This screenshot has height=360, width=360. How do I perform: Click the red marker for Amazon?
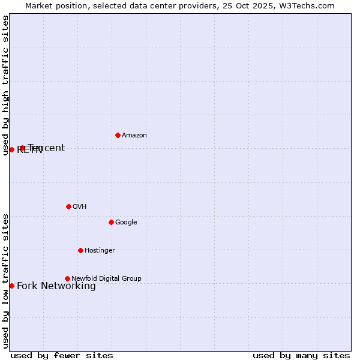pos(118,135)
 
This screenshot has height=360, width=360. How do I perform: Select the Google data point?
pos(111,222)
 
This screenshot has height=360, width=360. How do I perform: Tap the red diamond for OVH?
pos(68,206)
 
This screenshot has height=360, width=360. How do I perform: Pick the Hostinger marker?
pos(80,250)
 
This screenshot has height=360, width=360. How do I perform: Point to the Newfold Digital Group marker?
pos(67,278)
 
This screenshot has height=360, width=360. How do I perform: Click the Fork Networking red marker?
pos(11,286)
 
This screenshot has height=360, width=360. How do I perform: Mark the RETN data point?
pos(11,149)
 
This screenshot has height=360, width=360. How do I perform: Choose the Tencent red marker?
pos(22,148)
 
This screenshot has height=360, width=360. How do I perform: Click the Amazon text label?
pos(134,136)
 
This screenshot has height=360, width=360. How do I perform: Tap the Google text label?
pos(126,223)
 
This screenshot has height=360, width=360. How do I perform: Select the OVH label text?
pos(80,207)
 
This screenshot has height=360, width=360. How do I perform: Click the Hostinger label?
pos(100,251)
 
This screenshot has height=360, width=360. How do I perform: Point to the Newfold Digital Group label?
pos(106,279)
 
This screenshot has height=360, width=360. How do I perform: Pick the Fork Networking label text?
pos(56,286)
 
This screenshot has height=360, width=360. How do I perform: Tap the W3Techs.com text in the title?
pos(307,5)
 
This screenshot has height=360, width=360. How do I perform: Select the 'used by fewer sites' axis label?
pos(62,355)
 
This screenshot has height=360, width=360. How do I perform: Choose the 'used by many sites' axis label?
pos(301,355)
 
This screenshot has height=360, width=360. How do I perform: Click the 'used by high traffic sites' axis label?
pos(5,85)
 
